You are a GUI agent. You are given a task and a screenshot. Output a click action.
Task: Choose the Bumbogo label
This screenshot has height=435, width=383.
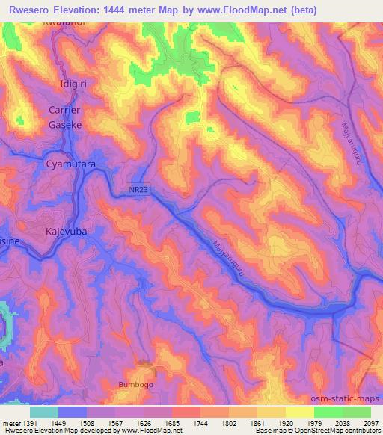click(x=135, y=384)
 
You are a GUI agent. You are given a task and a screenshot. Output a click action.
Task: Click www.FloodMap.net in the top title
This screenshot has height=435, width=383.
click(x=246, y=10)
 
